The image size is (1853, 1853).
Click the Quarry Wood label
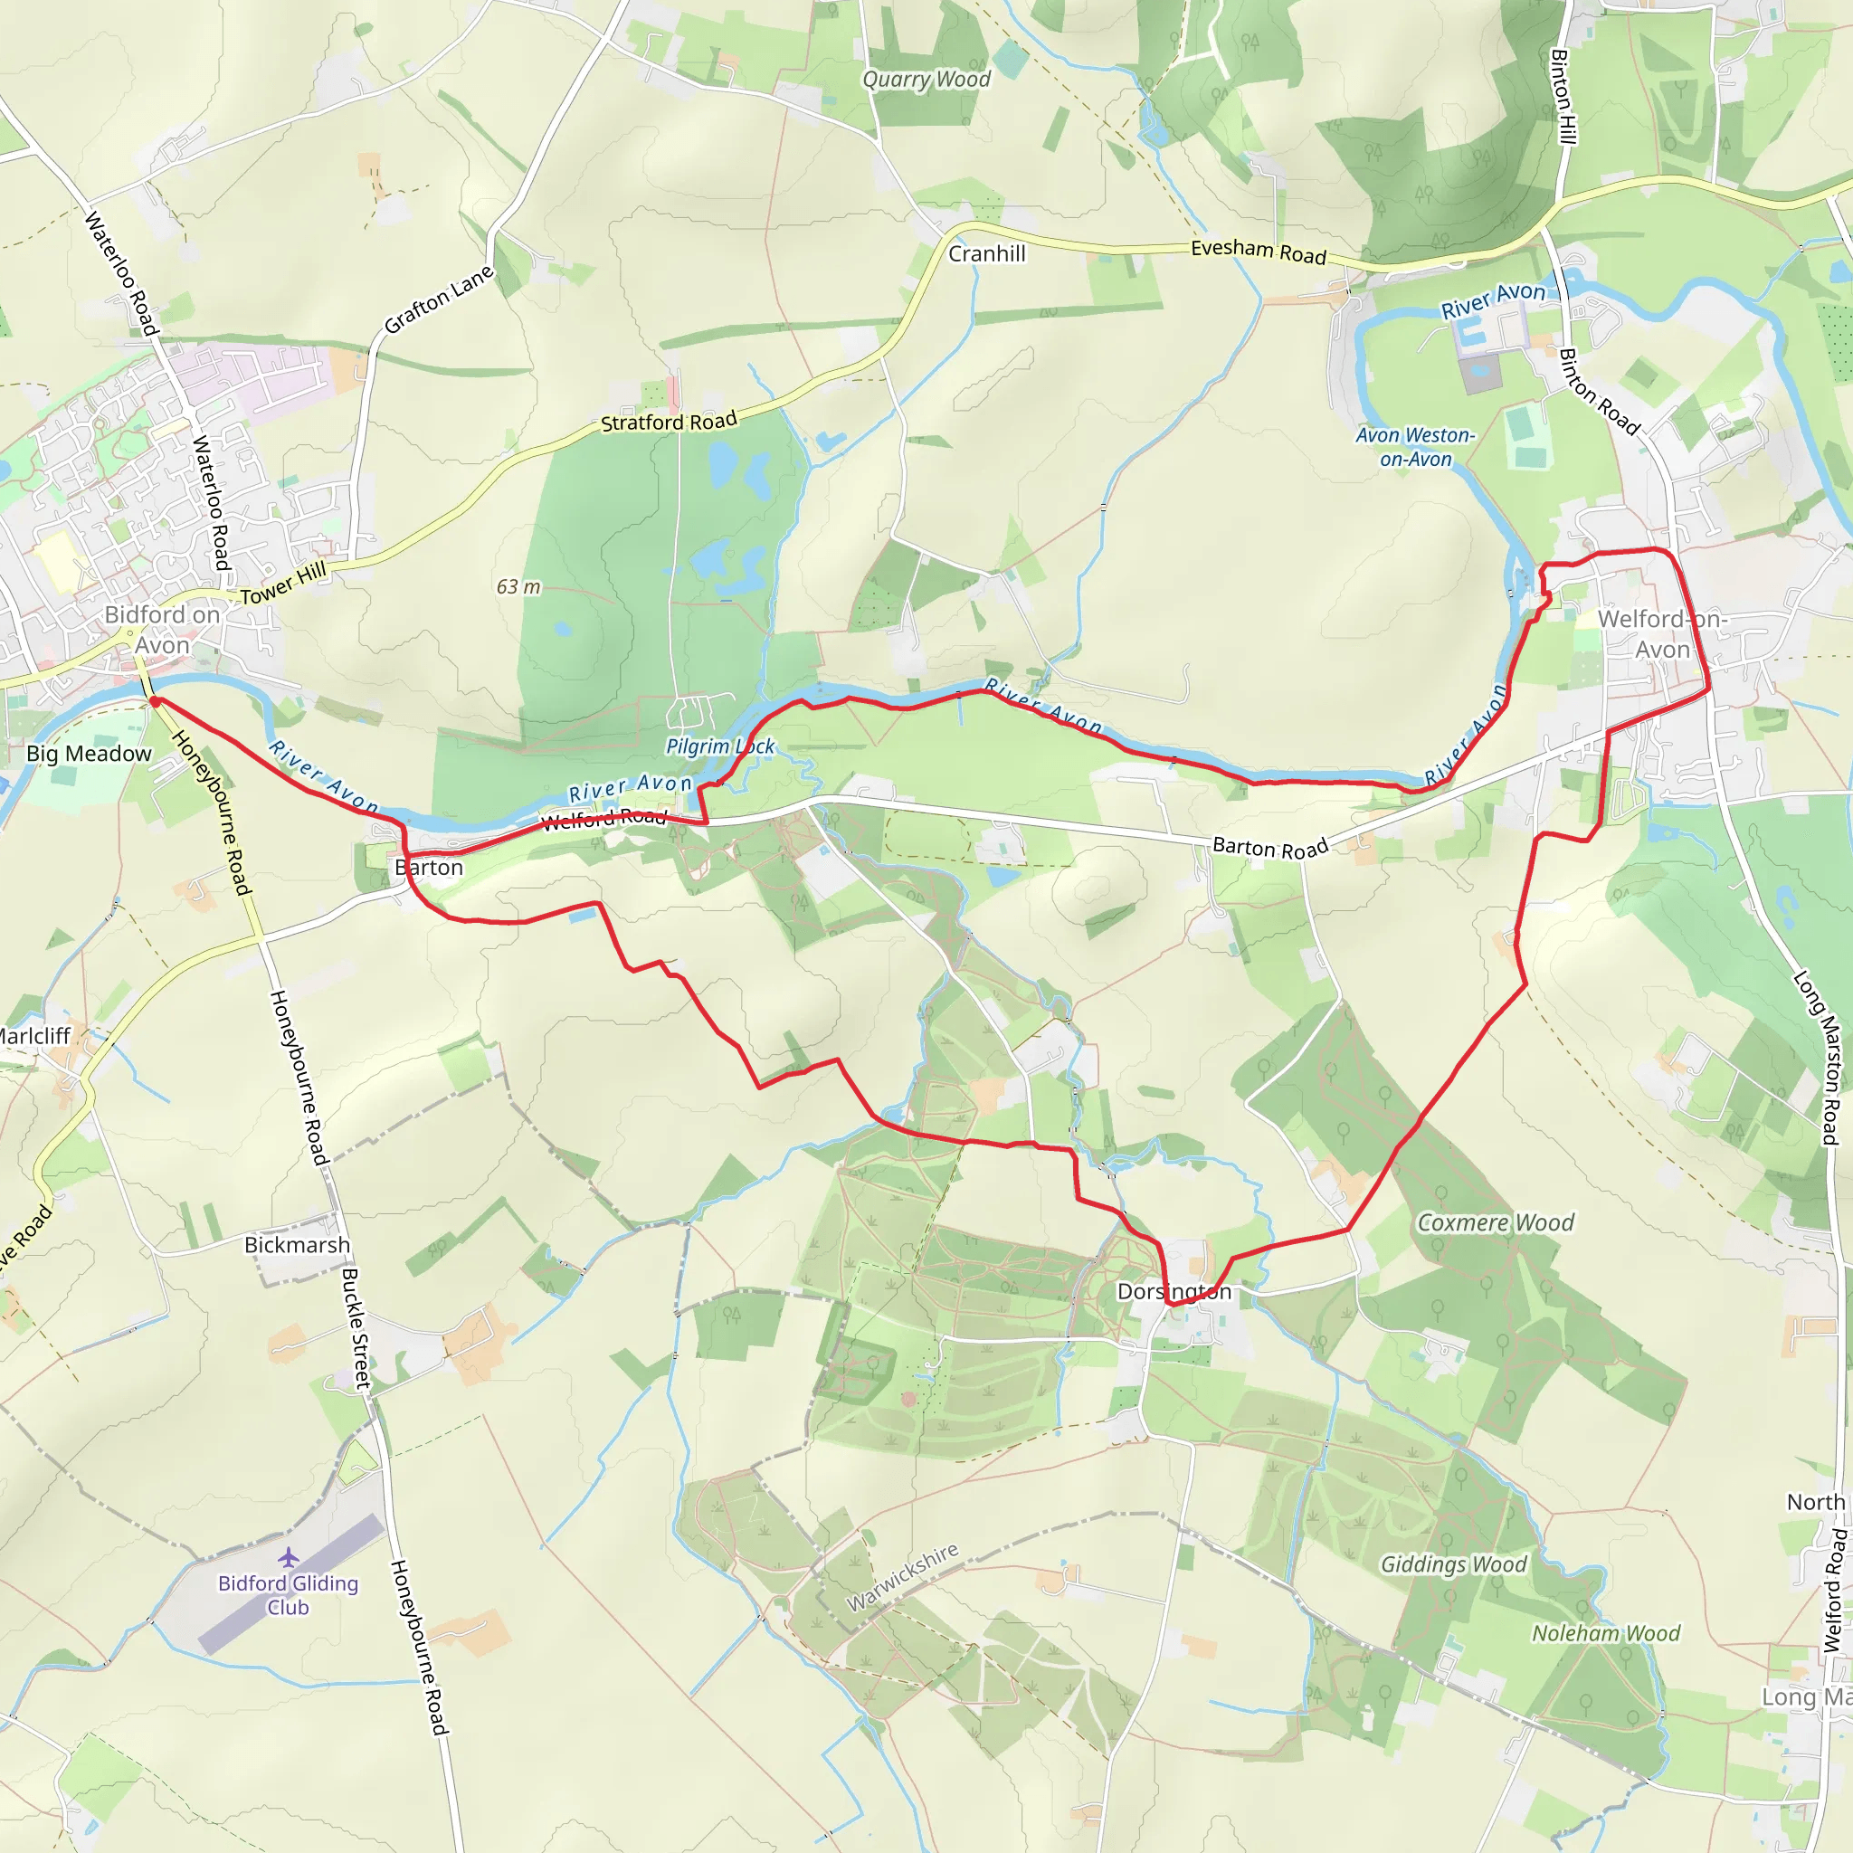pos(926,80)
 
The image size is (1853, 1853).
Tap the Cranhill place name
pos(987,254)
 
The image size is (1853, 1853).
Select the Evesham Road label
pos(1259,252)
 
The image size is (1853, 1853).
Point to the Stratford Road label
pos(669,422)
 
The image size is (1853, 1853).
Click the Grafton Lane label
pos(438,299)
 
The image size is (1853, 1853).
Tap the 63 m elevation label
pos(518,587)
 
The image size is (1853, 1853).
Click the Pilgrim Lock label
pos(720,746)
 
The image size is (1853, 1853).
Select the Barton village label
pos(429,868)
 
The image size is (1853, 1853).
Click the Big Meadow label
pos(90,754)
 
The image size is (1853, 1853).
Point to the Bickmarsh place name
pos(298,1245)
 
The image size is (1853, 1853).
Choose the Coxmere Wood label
pos(1496,1223)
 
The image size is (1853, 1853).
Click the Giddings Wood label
pos(1453,1565)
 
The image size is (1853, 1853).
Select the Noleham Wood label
pos(1606,1633)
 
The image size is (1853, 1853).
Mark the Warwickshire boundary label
pos(901,1578)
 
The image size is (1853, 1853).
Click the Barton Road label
pos(1271,847)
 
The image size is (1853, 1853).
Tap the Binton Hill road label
pos(1563,97)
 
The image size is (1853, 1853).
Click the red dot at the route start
pos(156,702)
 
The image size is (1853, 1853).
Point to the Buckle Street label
pos(356,1329)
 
